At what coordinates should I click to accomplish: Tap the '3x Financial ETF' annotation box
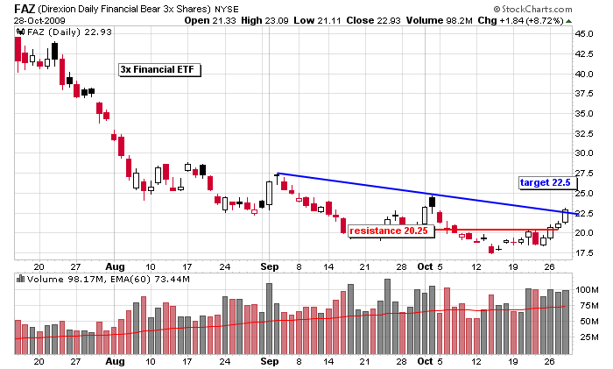pos(160,68)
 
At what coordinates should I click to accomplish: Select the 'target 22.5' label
pos(546,182)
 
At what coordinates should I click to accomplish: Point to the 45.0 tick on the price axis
pos(584,33)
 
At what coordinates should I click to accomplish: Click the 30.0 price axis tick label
pos(584,153)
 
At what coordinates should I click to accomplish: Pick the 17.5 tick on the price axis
pos(584,252)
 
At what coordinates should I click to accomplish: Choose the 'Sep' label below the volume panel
pos(270,360)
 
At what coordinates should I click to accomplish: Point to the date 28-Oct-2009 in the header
pos(36,21)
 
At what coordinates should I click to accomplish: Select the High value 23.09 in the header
pos(286,21)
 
